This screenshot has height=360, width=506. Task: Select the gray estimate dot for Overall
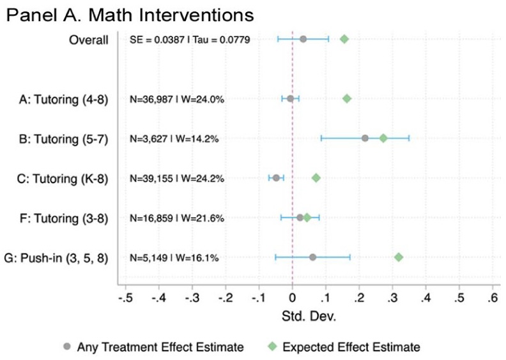303,39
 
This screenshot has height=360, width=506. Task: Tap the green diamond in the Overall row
344,39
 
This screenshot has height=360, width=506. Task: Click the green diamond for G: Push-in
399,257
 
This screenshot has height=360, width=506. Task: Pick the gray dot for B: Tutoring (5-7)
365,138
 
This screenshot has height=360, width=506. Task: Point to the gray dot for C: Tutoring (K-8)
276,177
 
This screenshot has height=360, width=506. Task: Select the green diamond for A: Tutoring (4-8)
347,98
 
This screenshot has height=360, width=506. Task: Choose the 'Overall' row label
89,40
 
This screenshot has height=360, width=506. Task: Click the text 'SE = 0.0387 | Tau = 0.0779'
190,40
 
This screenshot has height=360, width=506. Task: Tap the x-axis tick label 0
293,297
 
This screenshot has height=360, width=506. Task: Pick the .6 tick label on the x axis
492,297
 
